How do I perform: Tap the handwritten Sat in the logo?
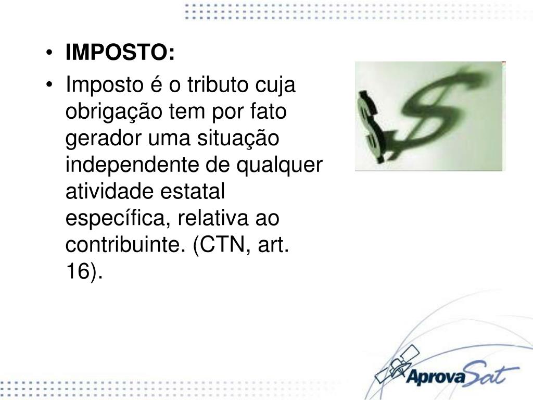point(487,373)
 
